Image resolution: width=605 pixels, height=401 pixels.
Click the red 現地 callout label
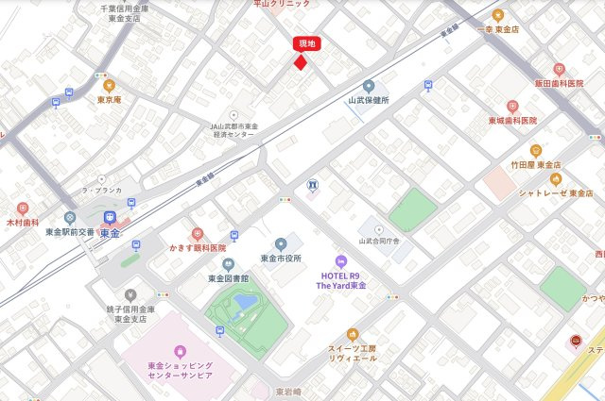(308, 43)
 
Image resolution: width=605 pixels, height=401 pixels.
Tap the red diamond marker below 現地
(301, 62)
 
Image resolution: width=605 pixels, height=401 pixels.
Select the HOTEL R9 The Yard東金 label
(341, 279)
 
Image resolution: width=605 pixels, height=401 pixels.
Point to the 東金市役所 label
(280, 258)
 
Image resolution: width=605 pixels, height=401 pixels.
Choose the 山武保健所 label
(368, 99)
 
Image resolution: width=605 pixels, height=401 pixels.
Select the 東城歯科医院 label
(512, 121)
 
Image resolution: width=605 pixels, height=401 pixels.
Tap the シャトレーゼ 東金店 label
(556, 192)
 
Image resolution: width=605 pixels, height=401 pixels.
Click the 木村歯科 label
(23, 223)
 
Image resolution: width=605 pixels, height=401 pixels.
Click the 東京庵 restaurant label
(109, 99)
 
